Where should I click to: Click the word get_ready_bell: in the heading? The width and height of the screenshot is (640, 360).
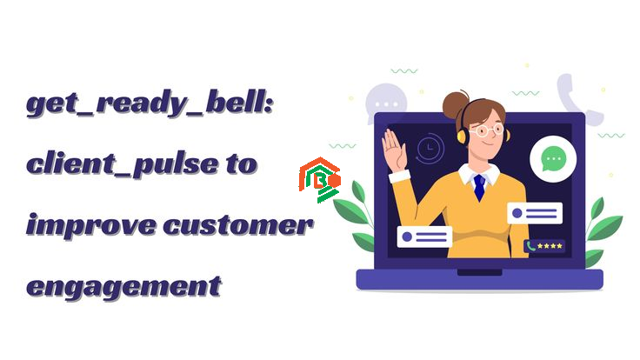[150, 104]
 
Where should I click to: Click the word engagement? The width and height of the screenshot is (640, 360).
[123, 287]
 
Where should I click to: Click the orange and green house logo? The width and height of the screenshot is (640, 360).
[320, 180]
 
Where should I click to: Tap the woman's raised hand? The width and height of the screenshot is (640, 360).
[393, 150]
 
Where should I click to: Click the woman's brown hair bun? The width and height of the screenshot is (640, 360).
[455, 104]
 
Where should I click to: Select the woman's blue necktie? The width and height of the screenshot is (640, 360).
[479, 188]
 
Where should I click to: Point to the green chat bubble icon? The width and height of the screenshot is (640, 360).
[553, 159]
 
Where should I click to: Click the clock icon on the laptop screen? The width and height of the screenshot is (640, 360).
[429, 148]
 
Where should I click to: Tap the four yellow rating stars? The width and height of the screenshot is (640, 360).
[550, 246]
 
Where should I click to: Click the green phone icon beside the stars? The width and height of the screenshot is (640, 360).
[530, 246]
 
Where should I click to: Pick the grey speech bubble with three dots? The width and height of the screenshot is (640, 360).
[385, 102]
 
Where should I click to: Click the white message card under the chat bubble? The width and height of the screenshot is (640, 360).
[535, 213]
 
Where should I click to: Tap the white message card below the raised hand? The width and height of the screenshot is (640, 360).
[424, 237]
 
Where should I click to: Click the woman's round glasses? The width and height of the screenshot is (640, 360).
[488, 130]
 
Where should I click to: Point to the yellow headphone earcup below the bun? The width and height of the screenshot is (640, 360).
[463, 135]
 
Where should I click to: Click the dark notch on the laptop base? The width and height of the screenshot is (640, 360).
[479, 272]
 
